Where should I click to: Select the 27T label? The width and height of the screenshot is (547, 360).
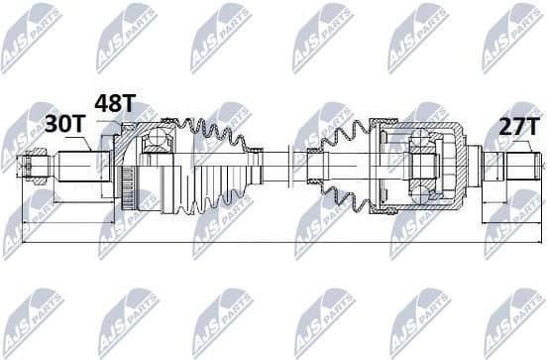coord(518,126)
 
